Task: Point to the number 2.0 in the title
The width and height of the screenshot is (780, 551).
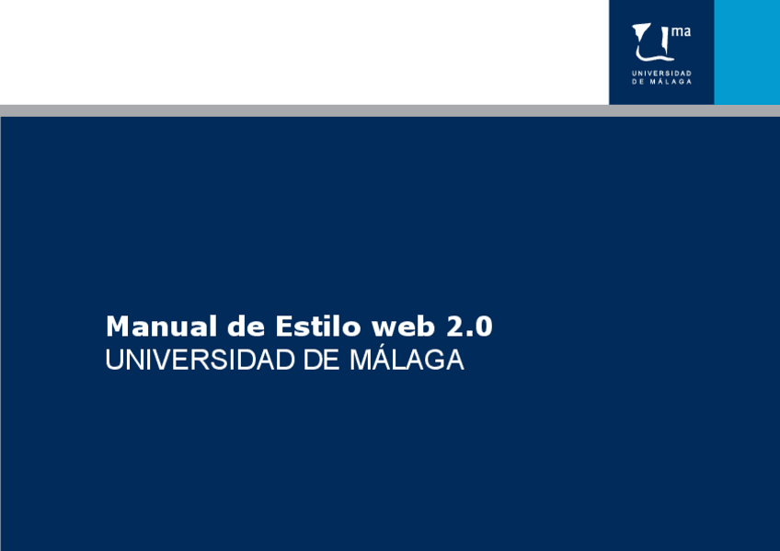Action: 469,327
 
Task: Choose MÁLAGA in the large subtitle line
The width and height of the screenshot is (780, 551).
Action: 406,359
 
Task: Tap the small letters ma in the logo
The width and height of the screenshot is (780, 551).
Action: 681,31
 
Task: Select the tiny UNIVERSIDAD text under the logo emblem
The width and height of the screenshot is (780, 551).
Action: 661,73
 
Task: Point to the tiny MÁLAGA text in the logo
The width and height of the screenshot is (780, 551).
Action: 671,82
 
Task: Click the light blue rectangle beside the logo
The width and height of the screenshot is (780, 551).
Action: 747,52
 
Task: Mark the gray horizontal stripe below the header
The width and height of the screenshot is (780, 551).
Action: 390,110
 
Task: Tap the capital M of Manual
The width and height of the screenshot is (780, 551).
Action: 117,327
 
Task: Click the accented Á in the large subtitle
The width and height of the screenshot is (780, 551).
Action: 375,359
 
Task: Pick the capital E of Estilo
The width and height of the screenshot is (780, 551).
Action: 283,327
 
